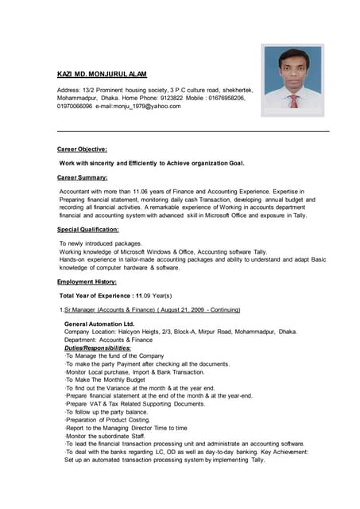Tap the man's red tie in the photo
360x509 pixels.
pyautogui.click(x=293, y=101)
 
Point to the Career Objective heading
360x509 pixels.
pyautogui.click(x=82, y=149)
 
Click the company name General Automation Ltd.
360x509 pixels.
pyautogui.click(x=99, y=324)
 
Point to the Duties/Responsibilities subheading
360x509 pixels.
pyautogui.click(x=97, y=348)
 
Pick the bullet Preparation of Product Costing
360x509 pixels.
pyautogui.click(x=109, y=419)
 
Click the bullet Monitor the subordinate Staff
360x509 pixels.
pyautogui.click(x=107, y=436)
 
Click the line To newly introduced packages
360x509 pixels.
pyautogui.click(x=101, y=243)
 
